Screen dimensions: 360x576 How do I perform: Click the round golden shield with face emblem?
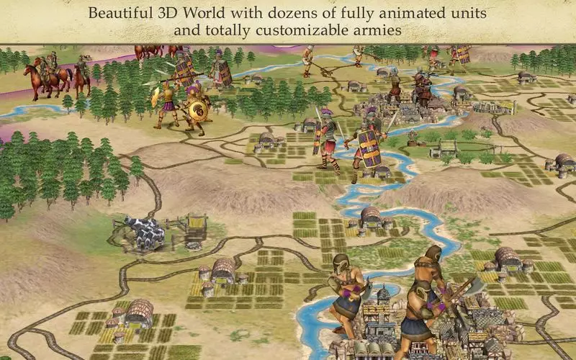click(195, 109)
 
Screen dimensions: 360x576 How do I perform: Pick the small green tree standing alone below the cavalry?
click(68, 102)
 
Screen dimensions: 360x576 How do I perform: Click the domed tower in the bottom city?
click(384, 294)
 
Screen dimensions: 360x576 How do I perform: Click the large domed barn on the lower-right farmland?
click(507, 256)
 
